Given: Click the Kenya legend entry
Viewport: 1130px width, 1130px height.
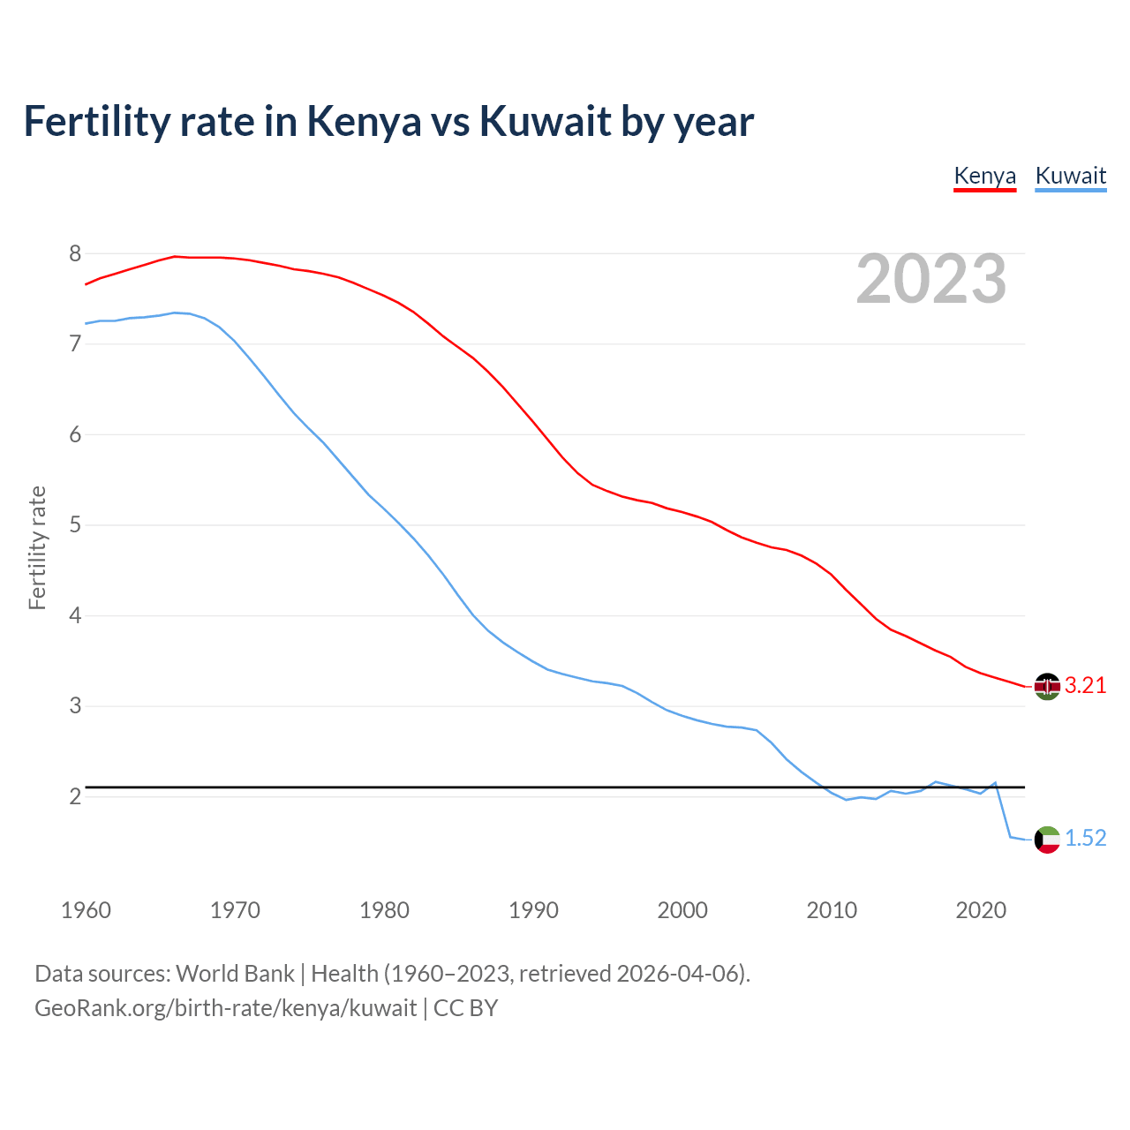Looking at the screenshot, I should (984, 176).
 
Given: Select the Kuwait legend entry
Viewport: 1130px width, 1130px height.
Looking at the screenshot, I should (1070, 176).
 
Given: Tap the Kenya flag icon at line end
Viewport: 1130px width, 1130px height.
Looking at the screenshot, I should (1047, 686).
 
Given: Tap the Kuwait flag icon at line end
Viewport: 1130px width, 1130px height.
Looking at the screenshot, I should (1047, 839).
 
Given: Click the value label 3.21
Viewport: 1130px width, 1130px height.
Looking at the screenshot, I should (1085, 686).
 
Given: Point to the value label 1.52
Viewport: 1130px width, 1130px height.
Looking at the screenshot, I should (1085, 839).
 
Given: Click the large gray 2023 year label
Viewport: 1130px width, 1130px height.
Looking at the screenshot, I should (930, 279).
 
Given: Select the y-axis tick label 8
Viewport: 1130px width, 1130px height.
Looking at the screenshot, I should (75, 254).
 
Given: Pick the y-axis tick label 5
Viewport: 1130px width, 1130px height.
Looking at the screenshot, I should (75, 525).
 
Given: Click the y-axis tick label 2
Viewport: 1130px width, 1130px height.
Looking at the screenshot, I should (75, 796).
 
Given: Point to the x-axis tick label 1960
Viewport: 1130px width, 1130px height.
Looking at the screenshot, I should (86, 910).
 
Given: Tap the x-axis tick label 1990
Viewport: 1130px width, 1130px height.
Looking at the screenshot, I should (533, 910).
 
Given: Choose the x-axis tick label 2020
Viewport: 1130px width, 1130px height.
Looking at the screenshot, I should (981, 910).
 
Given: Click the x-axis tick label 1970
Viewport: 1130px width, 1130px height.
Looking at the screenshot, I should (235, 910).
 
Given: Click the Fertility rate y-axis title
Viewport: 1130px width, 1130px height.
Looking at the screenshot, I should (37, 547).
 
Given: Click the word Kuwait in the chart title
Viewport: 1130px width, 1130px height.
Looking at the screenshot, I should (545, 122).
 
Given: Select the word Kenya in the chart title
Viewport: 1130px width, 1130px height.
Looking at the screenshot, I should (364, 122).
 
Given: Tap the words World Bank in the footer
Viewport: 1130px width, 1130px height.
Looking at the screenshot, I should (235, 974).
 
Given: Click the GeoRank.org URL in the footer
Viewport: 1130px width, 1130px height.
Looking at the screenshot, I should (225, 1008).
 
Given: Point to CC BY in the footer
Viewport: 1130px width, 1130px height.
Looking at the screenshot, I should (465, 1008).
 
